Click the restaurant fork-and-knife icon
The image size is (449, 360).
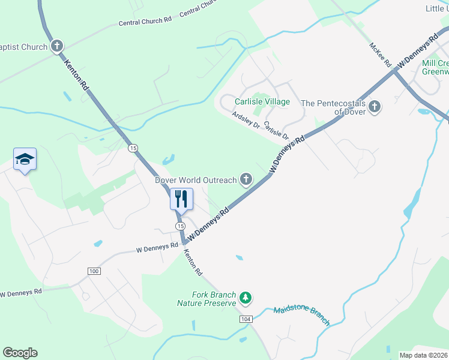point(181,198)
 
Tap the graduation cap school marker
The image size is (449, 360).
point(25,159)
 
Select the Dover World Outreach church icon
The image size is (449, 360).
point(246,179)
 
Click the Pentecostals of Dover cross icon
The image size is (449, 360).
point(375,107)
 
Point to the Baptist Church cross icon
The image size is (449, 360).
point(56,46)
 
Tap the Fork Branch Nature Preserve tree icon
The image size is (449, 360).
point(245,297)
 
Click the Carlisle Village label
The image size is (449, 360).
point(262,101)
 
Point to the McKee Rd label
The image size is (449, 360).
point(380,54)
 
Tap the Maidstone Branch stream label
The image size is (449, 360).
point(301,316)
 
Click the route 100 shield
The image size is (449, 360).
point(93,271)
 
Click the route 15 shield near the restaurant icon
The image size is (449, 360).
point(180,225)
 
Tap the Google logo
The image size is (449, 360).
point(20,353)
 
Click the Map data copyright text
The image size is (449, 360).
point(423,355)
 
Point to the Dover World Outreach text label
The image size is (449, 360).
point(196,179)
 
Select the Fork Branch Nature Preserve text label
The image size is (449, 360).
point(206,299)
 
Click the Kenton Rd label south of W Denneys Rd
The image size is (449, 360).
point(193,263)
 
